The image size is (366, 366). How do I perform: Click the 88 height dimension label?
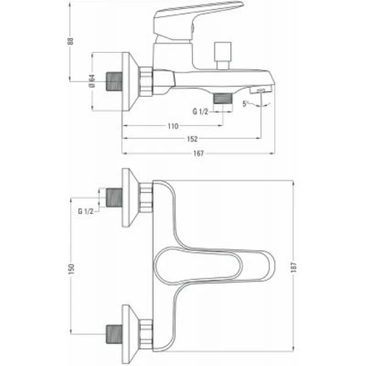click(x=71, y=41)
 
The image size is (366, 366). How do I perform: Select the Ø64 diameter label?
click(x=92, y=81)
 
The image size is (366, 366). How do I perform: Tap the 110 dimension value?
click(x=173, y=126)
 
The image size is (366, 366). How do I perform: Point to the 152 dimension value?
click(x=192, y=139)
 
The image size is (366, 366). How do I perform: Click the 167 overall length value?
click(x=198, y=154)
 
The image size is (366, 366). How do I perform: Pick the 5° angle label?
click(x=246, y=103)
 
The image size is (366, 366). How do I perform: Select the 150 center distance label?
click(x=72, y=269)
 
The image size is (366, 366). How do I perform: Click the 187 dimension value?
click(x=294, y=268)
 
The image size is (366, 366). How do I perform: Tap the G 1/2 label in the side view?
click(x=200, y=111)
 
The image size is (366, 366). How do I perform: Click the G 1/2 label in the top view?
click(x=85, y=211)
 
